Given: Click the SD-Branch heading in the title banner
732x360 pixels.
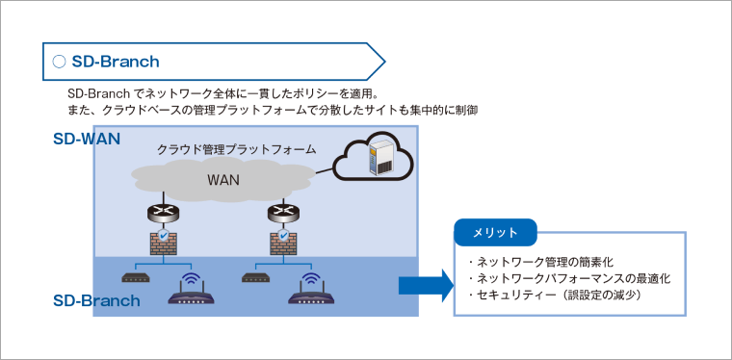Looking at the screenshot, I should [x=116, y=62].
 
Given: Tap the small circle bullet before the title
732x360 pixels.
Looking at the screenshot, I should [x=59, y=62].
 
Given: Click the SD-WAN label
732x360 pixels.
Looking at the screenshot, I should [x=87, y=138].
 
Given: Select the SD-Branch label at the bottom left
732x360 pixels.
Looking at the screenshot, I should [x=96, y=300].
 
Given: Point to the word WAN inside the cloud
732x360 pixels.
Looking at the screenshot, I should [x=223, y=179].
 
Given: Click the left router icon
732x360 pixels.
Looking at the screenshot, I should [x=163, y=212].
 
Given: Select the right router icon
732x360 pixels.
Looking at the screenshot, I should [x=282, y=212].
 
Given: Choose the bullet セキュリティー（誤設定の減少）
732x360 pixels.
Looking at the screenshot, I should [x=553, y=296].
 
